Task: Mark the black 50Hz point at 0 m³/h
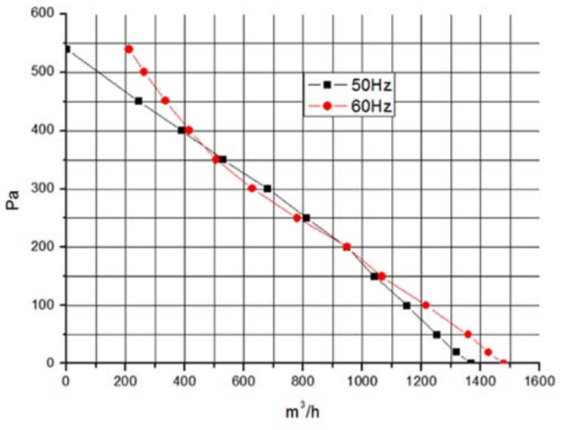tap(66, 49)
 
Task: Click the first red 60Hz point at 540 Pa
tap(129, 49)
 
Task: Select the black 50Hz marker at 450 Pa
tap(139, 101)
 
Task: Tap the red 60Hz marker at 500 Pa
tap(144, 72)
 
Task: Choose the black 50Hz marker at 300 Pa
tap(267, 188)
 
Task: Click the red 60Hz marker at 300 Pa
tap(252, 188)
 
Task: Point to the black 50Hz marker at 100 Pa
tap(407, 305)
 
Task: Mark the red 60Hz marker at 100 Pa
tap(425, 305)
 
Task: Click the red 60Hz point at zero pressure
tap(503, 363)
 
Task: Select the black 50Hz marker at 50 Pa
tap(437, 334)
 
